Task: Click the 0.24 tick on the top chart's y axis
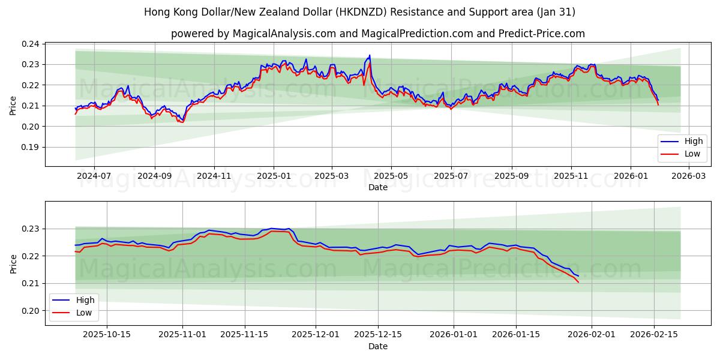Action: pyautogui.click(x=31, y=44)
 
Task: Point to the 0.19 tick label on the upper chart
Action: pyautogui.click(x=31, y=147)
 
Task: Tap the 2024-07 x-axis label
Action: pyautogui.click(x=94, y=176)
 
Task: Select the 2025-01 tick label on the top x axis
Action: pyautogui.click(x=274, y=176)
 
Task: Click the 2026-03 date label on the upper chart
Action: pyautogui.click(x=689, y=176)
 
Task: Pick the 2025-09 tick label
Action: pyautogui.click(x=511, y=176)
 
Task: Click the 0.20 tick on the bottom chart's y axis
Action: pyautogui.click(x=31, y=311)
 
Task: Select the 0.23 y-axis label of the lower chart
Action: pyautogui.click(x=31, y=229)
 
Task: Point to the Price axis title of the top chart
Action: pyautogui.click(x=13, y=105)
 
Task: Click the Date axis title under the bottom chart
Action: pyautogui.click(x=378, y=346)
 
